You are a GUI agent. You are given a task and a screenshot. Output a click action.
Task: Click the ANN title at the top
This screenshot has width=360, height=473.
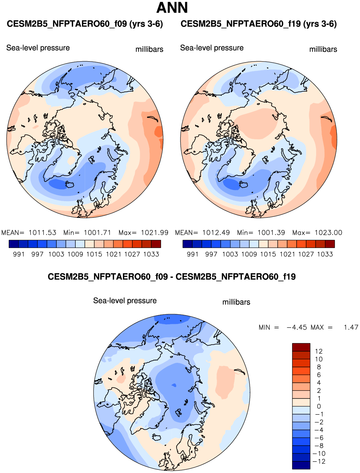tap(172, 8)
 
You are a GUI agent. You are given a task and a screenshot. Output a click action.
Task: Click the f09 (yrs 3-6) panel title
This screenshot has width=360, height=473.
tap(85, 24)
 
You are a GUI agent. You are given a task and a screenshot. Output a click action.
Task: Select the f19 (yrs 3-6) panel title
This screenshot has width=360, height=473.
tap(258, 24)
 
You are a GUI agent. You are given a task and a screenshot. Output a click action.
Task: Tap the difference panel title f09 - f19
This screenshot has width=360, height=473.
tap(172, 277)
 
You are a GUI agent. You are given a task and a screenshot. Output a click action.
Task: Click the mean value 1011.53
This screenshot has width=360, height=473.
tap(42, 233)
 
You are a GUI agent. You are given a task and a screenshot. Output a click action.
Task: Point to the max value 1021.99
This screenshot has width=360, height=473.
tap(154, 233)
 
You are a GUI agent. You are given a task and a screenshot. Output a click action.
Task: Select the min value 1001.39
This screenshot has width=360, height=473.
tap(271, 233)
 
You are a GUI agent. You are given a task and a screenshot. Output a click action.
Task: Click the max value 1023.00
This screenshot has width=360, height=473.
tap(328, 233)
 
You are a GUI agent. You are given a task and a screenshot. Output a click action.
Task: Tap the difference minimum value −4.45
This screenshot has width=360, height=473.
tap(297, 327)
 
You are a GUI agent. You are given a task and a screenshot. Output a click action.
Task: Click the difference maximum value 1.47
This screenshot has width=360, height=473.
tap(351, 327)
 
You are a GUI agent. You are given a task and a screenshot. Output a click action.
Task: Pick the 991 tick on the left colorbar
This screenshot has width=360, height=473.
tap(19, 254)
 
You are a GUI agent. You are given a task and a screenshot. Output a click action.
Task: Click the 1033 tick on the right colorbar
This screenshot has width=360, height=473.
tap(325, 254)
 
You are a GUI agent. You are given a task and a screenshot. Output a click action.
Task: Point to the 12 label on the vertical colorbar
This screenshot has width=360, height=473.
tap(319, 351)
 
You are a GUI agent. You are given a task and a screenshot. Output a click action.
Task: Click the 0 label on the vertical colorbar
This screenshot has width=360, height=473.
tap(319, 407)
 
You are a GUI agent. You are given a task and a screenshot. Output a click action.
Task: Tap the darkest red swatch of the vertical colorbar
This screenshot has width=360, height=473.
tap(301, 347)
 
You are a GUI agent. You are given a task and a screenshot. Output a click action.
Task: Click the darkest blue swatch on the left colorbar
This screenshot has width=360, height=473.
tap(14, 244)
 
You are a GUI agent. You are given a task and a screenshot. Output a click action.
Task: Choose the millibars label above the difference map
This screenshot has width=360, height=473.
tap(236, 302)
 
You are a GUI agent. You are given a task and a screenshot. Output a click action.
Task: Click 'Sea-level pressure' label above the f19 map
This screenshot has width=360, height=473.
tap(212, 48)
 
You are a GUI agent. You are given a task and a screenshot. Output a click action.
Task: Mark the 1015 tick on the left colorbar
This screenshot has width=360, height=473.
tap(94, 254)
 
